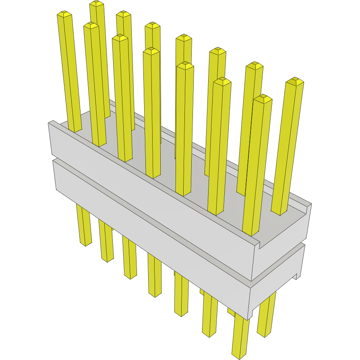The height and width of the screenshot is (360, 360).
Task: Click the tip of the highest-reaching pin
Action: tap(97, 4)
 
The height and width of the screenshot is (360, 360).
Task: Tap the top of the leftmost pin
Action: tap(64, 14)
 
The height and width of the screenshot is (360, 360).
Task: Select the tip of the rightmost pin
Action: tap(294, 81)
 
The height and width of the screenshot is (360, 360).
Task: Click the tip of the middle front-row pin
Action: tap(151, 51)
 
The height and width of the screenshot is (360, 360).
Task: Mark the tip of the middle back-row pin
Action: tap(184, 37)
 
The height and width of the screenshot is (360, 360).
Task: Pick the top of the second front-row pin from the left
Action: tap(91, 25)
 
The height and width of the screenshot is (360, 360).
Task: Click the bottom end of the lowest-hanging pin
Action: tap(240, 356)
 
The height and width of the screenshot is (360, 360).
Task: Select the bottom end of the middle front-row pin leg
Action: tap(155, 295)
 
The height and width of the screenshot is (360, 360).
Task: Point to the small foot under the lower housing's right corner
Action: tap(297, 276)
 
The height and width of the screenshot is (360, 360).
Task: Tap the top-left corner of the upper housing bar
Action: tap(50, 122)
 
